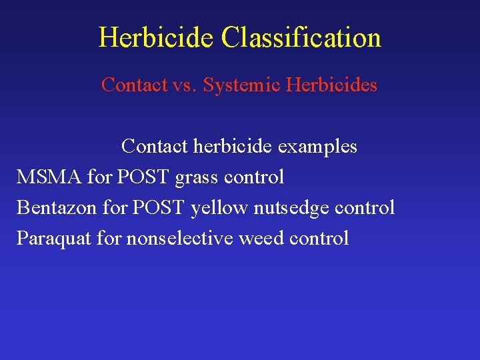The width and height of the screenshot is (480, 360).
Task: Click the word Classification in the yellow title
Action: [301, 37]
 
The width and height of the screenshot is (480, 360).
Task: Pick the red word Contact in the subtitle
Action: [133, 85]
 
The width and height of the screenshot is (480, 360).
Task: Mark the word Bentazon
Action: [57, 207]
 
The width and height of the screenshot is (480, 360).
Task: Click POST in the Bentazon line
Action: [158, 207]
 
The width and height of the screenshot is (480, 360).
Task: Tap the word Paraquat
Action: [54, 239]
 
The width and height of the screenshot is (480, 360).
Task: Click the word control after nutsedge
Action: [365, 207]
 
